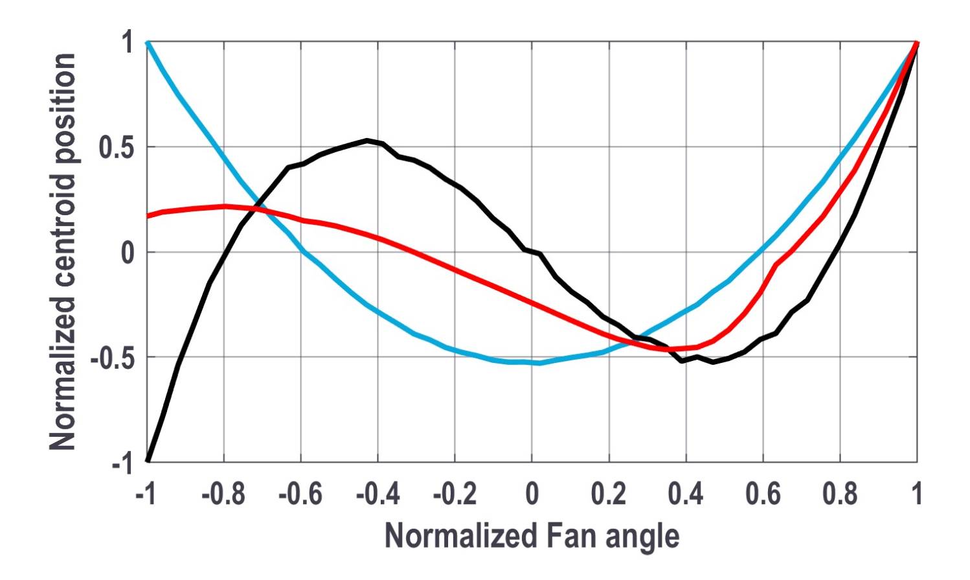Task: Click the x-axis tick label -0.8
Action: (x=223, y=495)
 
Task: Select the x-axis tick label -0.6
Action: (x=300, y=495)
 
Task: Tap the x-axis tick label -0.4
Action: (x=378, y=495)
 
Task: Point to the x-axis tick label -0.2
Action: (x=455, y=495)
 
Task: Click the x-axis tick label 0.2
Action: (x=609, y=495)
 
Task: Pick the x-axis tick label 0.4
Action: (x=686, y=495)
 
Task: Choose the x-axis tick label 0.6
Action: (x=763, y=495)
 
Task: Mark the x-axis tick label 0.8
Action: (x=840, y=495)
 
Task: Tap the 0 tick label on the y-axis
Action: (x=128, y=253)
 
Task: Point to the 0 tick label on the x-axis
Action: (x=532, y=495)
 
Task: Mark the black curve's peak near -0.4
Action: (x=367, y=140)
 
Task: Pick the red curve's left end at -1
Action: (x=148, y=216)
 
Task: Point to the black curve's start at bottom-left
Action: (x=148, y=460)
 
